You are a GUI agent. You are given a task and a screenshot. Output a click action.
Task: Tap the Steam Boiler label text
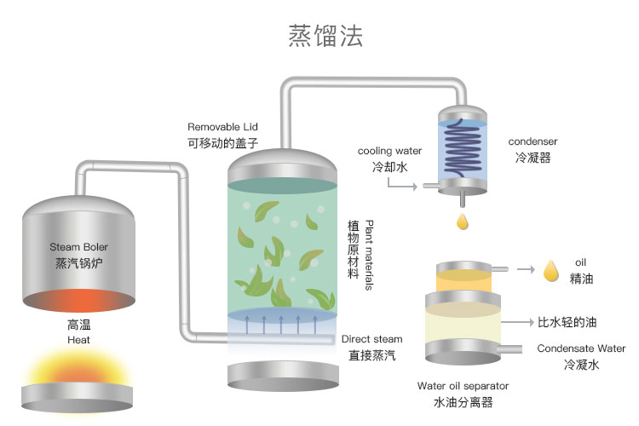(78, 247)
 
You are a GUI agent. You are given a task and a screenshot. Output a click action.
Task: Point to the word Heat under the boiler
(78, 340)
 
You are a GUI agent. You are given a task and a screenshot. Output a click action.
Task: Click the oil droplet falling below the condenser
(463, 221)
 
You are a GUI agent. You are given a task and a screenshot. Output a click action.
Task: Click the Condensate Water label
(581, 348)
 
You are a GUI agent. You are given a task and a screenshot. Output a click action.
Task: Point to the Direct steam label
(372, 338)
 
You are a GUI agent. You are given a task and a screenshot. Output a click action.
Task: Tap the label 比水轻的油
(567, 323)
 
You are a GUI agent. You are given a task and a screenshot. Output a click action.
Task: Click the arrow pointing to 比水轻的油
(516, 322)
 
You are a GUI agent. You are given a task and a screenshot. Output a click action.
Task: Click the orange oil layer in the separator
(463, 281)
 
